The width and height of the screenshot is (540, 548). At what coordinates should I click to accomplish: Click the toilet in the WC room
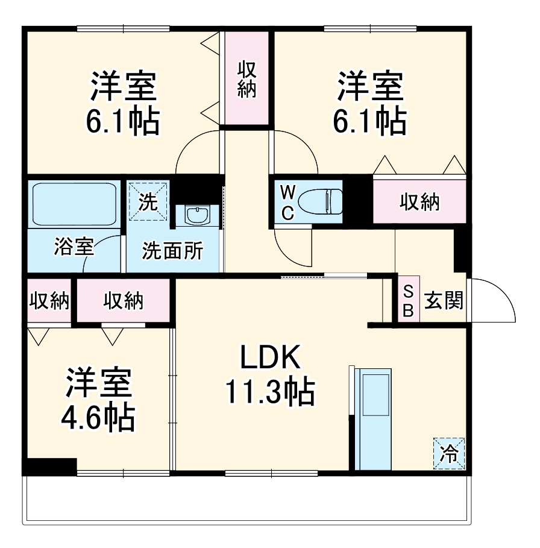pos(319,201)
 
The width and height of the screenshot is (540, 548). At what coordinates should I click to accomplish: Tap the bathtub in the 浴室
pos(74,204)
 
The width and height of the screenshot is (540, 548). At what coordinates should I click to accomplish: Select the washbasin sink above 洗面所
pos(197,216)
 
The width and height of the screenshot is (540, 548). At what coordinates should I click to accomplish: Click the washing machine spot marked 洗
pos(148,201)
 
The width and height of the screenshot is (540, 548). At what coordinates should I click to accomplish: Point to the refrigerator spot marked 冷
pos(449,453)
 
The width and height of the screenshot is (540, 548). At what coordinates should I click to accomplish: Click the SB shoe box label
pos(408,301)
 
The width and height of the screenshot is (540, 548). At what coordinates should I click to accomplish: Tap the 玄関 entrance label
pos(444,300)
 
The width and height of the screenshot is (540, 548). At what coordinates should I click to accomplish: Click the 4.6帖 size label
pos(98,418)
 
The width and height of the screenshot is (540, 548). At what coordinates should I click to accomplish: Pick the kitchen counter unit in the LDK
pos(373,419)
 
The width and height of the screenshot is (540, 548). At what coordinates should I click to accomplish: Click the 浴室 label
pos(74,247)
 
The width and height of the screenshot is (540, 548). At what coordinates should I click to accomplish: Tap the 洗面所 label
pos(172,250)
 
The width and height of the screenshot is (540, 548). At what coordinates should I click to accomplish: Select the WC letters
pos(288,203)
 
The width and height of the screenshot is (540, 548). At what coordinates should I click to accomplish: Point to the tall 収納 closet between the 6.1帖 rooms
pos(246,78)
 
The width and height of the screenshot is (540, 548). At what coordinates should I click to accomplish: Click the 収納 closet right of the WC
pos(419,201)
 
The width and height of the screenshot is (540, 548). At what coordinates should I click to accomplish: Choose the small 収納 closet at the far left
pos(49,300)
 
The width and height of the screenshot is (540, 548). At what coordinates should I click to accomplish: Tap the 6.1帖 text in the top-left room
pos(123,121)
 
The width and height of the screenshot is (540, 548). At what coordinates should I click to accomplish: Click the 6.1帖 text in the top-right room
pos(370,121)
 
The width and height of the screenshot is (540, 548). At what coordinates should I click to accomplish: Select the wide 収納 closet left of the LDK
pos(124,300)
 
